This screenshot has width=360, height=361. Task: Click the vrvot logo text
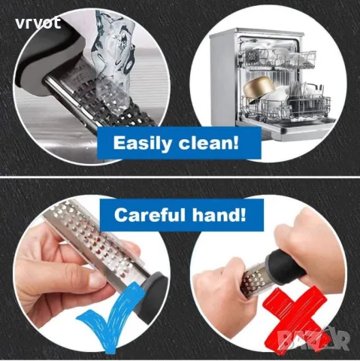(x=38, y=23)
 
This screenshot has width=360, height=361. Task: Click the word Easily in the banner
(x=143, y=143)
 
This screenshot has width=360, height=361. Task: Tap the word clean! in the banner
(x=208, y=143)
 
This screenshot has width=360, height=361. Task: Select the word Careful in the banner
(x=150, y=215)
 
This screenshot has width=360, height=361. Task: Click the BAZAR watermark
(x=314, y=340)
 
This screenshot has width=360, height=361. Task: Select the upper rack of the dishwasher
(x=277, y=58)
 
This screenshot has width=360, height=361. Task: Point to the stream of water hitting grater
(x=113, y=58)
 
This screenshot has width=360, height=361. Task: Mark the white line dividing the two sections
(x=180, y=177)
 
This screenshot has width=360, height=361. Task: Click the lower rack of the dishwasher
(x=286, y=105)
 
